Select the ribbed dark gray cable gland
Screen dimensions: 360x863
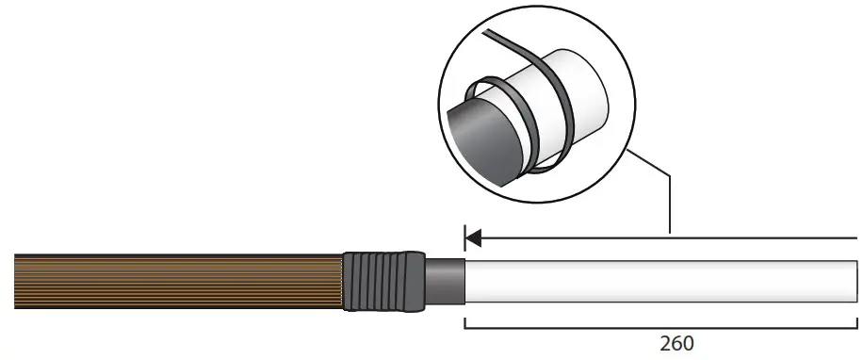(x=382, y=282)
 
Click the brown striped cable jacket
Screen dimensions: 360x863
(x=179, y=281)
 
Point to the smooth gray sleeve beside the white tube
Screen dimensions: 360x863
(x=446, y=282)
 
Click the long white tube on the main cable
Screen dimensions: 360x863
(x=659, y=282)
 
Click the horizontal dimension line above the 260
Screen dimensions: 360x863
(x=659, y=328)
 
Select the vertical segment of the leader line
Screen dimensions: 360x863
(x=669, y=203)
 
